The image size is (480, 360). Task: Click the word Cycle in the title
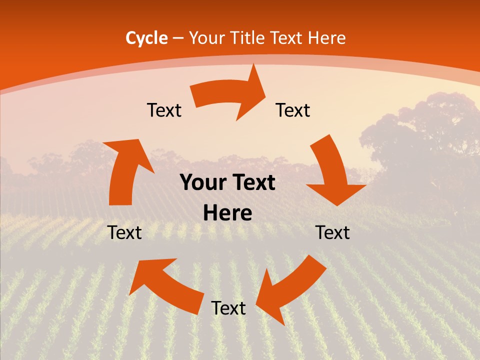(x=146, y=38)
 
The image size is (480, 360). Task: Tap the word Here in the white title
(x=326, y=38)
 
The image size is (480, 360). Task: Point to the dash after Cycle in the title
(x=177, y=38)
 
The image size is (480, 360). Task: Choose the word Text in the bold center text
(x=252, y=183)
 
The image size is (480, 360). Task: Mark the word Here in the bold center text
(x=227, y=213)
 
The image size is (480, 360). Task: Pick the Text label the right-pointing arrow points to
(x=293, y=110)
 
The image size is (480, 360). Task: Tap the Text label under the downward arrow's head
(x=332, y=232)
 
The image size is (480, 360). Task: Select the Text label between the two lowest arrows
(x=228, y=308)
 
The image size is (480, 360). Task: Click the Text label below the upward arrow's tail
(x=124, y=232)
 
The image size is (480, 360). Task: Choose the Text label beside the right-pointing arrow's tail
(x=164, y=110)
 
